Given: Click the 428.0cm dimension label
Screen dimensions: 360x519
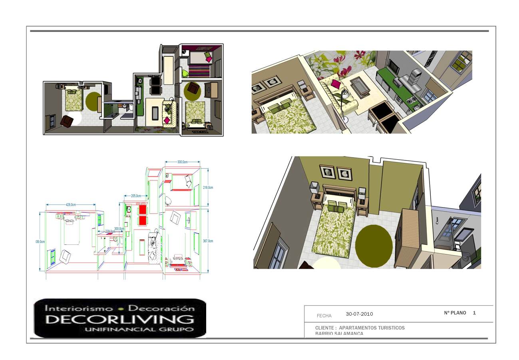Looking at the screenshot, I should point(71,205).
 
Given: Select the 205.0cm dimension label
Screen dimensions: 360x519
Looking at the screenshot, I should point(136,196).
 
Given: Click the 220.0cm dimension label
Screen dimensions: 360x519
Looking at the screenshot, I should point(110,231).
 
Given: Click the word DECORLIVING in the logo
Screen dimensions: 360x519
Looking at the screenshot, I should point(120,319).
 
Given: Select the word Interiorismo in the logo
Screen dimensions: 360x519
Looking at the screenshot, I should point(79,308).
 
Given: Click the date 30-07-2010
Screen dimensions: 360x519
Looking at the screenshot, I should point(359,314).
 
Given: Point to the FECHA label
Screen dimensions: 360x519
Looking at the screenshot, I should point(324,316).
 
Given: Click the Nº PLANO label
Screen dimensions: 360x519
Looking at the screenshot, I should point(455,313).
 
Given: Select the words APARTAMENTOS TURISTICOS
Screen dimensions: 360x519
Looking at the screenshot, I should point(372,328).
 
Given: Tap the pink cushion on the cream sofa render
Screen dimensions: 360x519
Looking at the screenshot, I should point(336,84).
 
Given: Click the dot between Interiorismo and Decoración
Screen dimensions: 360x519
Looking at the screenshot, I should point(120,309).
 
